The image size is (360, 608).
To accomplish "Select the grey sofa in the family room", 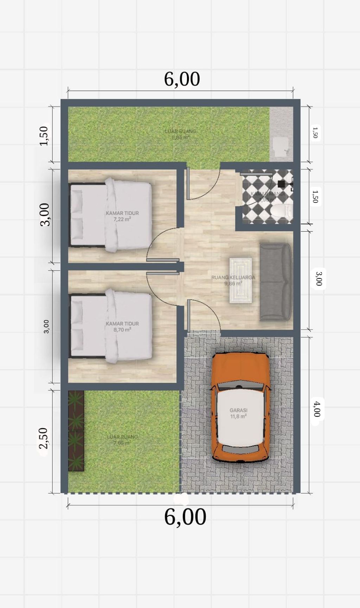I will (x=276, y=282).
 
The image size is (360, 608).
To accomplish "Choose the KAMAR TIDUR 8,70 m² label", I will (x=122, y=327).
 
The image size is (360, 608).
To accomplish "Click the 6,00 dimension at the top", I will (x=182, y=79).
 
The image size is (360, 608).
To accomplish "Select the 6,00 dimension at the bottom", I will (x=185, y=517).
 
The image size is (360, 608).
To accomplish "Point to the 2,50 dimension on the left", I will (x=44, y=438).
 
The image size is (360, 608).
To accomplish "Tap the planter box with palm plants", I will (x=76, y=431).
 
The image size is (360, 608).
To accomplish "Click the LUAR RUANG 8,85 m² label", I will (x=180, y=134).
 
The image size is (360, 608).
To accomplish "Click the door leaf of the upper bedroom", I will (x=163, y=260).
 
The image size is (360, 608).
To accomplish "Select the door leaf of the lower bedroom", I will (x=163, y=273).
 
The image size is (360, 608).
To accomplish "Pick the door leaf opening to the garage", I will (x=189, y=315).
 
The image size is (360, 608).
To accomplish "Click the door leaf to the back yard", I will (x=188, y=183).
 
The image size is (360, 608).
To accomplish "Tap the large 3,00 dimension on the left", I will (x=45, y=215).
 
